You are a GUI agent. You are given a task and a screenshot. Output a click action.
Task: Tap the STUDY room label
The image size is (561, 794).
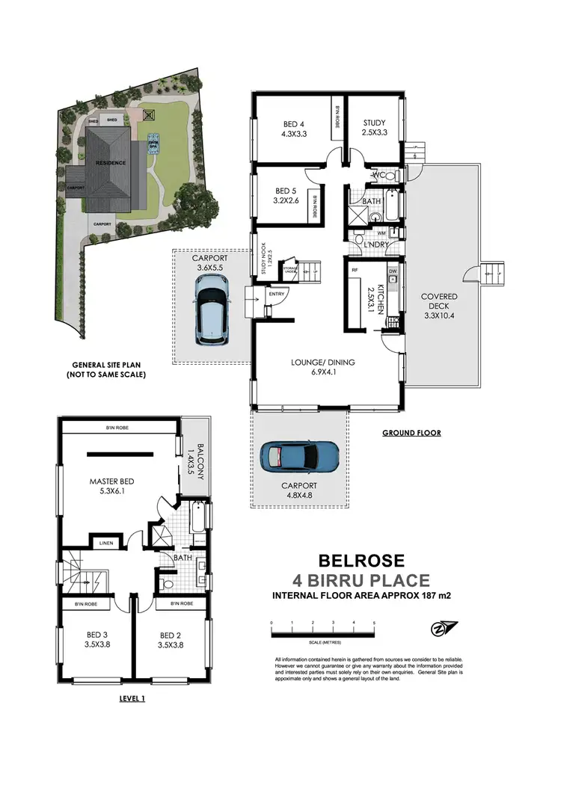pyautogui.click(x=374, y=123)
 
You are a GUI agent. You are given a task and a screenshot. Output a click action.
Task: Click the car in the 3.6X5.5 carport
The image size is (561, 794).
pyautogui.click(x=213, y=308)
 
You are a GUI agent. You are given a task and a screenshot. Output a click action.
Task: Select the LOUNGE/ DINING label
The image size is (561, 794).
pyautogui.click(x=322, y=363)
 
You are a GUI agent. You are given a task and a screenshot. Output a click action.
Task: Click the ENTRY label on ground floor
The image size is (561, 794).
pyautogui.click(x=275, y=295)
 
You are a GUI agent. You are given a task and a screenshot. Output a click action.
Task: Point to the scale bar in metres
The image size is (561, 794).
pyautogui.click(x=322, y=634)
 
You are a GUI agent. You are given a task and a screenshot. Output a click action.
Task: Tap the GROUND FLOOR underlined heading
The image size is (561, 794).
pyautogui.click(x=411, y=432)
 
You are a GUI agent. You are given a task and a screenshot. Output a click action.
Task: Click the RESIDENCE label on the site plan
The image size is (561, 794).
pyautogui.click(x=110, y=162)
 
